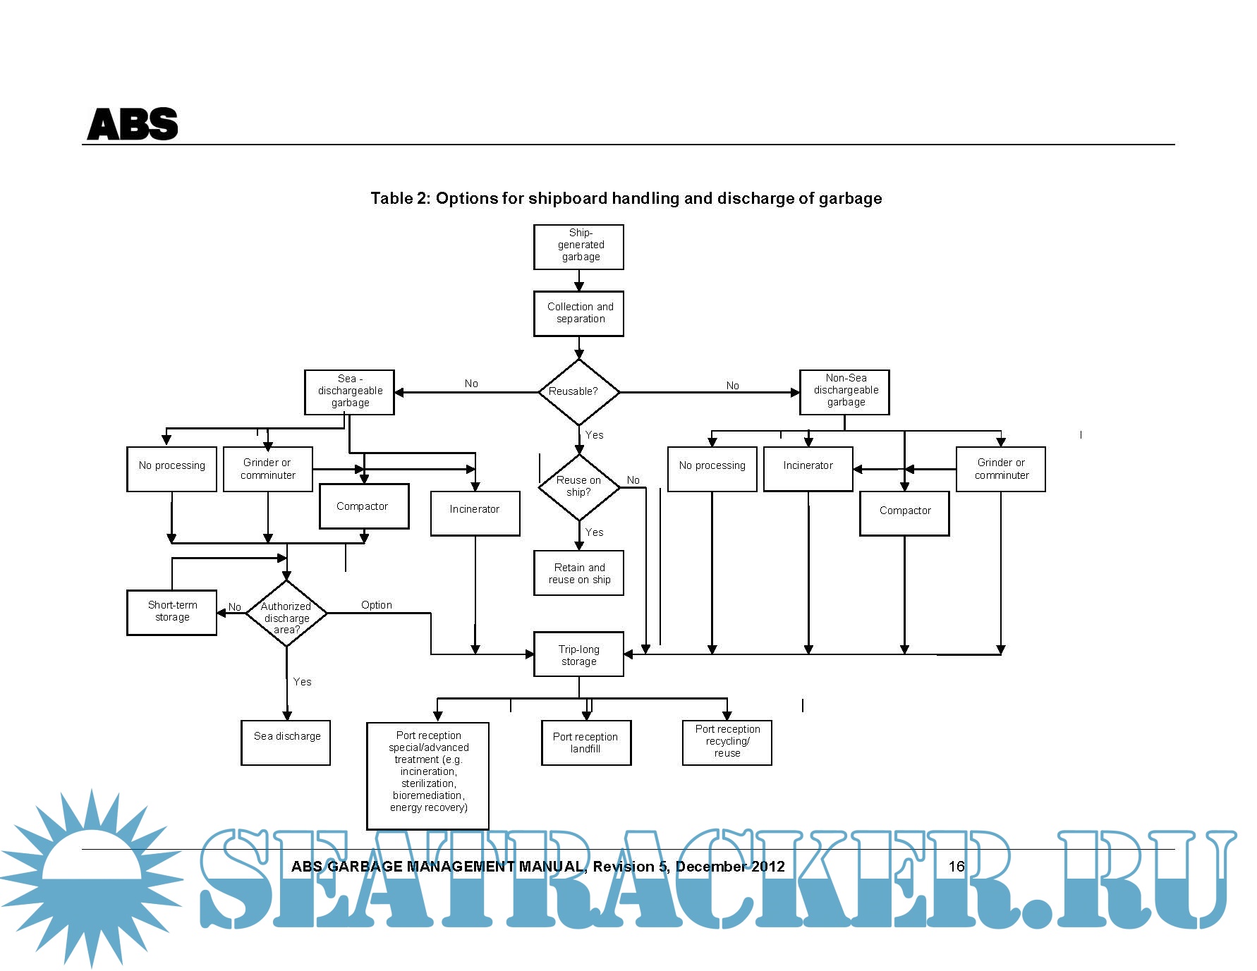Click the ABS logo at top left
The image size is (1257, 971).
pyautogui.click(x=132, y=124)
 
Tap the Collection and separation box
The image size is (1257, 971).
pyautogui.click(x=578, y=313)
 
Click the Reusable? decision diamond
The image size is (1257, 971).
pyautogui.click(x=578, y=392)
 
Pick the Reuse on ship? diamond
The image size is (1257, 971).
pyautogui.click(x=578, y=487)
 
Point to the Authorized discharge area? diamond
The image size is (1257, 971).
pyautogui.click(x=286, y=614)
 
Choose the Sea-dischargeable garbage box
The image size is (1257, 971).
pyautogui.click(x=349, y=392)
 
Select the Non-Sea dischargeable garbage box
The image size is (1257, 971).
pyautogui.click(x=844, y=392)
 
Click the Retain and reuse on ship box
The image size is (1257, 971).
pyautogui.click(x=578, y=573)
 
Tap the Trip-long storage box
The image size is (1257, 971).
pyautogui.click(x=578, y=654)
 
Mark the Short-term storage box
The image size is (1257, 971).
pyautogui.click(x=171, y=612)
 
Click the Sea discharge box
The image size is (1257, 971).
pyautogui.click(x=286, y=742)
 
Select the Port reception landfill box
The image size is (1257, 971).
pyautogui.click(x=585, y=743)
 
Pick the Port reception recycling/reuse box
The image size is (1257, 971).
pyautogui.click(x=727, y=742)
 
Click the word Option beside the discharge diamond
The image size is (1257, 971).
pyautogui.click(x=377, y=605)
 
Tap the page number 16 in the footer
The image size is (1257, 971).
pyautogui.click(x=957, y=867)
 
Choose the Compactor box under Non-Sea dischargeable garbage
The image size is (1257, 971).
pyautogui.click(x=904, y=513)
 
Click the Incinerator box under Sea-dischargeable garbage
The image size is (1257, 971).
pyautogui.click(x=475, y=513)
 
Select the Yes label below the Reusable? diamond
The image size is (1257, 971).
pyautogui.click(x=595, y=435)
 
